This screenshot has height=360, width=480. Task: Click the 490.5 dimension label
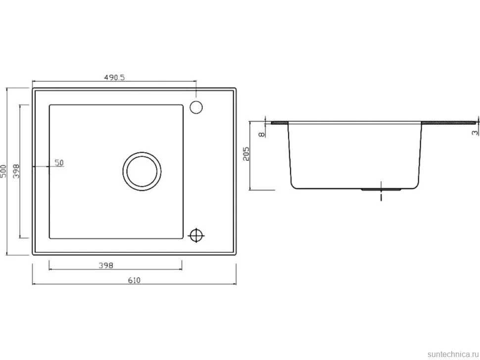click(x=114, y=77)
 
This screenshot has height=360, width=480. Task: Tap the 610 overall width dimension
click(x=134, y=280)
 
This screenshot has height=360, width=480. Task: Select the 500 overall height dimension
click(x=3, y=171)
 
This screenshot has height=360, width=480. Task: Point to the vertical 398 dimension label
click(x=16, y=171)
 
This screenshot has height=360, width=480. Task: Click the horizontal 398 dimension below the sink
click(x=106, y=265)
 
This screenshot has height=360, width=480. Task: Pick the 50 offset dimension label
click(x=59, y=163)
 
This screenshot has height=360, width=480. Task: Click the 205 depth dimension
click(x=246, y=153)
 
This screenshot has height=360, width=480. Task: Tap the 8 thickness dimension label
click(x=262, y=135)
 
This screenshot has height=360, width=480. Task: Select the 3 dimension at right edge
click(x=475, y=133)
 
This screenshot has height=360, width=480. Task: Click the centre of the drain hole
click(x=142, y=171)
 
